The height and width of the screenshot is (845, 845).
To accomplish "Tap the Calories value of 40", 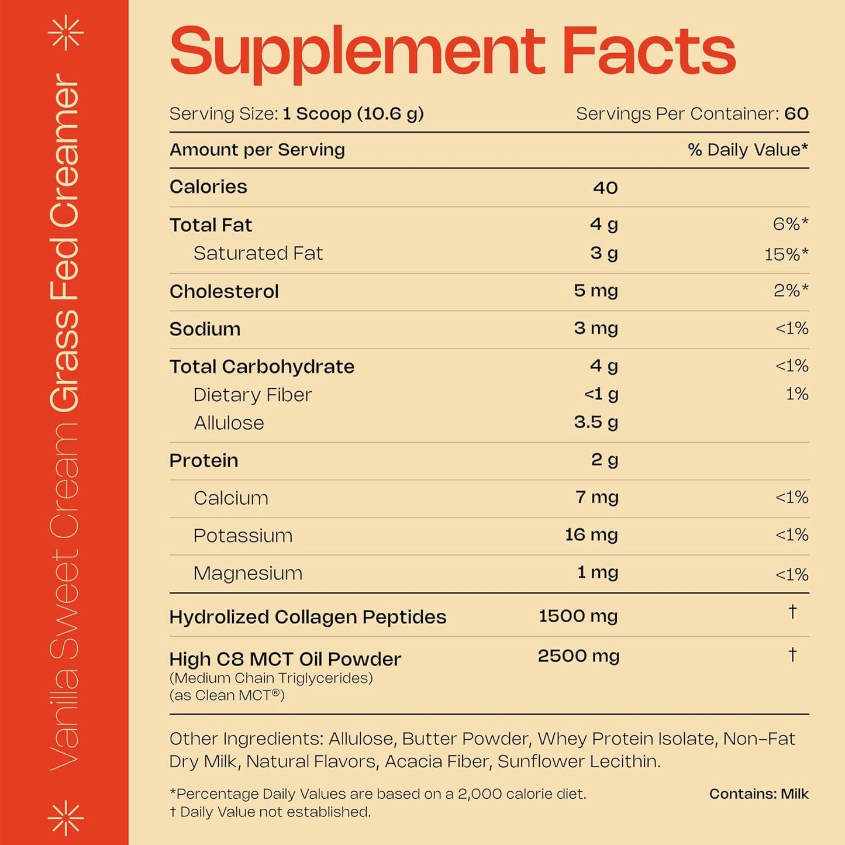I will point(605,188).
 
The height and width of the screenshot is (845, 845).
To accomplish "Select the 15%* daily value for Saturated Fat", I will point(786,254).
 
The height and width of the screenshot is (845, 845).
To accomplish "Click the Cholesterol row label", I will point(224,291).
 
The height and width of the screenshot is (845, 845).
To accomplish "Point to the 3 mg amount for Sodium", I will point(595,328).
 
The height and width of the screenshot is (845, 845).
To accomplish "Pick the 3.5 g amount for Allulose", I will point(595,422).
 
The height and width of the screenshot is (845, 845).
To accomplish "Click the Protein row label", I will point(204,460).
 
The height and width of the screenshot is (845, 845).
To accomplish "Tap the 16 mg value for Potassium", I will point(591,535).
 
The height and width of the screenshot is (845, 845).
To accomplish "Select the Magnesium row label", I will point(248,573).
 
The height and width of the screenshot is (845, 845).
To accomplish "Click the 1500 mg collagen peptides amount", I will point(578,616).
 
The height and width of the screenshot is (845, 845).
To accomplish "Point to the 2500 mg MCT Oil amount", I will point(578,656).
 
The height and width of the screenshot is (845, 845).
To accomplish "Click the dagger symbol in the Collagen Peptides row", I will point(792,612).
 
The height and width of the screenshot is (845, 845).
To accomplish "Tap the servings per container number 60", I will point(796,113).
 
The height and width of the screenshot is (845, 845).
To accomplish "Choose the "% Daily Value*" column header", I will point(747,150).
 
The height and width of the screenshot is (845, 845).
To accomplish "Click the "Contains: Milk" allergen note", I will point(758,794).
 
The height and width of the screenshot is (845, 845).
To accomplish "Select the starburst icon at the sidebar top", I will point(65,32).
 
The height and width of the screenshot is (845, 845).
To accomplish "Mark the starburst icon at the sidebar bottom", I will point(65,817).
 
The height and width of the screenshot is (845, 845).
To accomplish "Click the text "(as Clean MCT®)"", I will point(227,695).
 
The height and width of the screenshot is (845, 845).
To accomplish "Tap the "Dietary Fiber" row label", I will point(253,395).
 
